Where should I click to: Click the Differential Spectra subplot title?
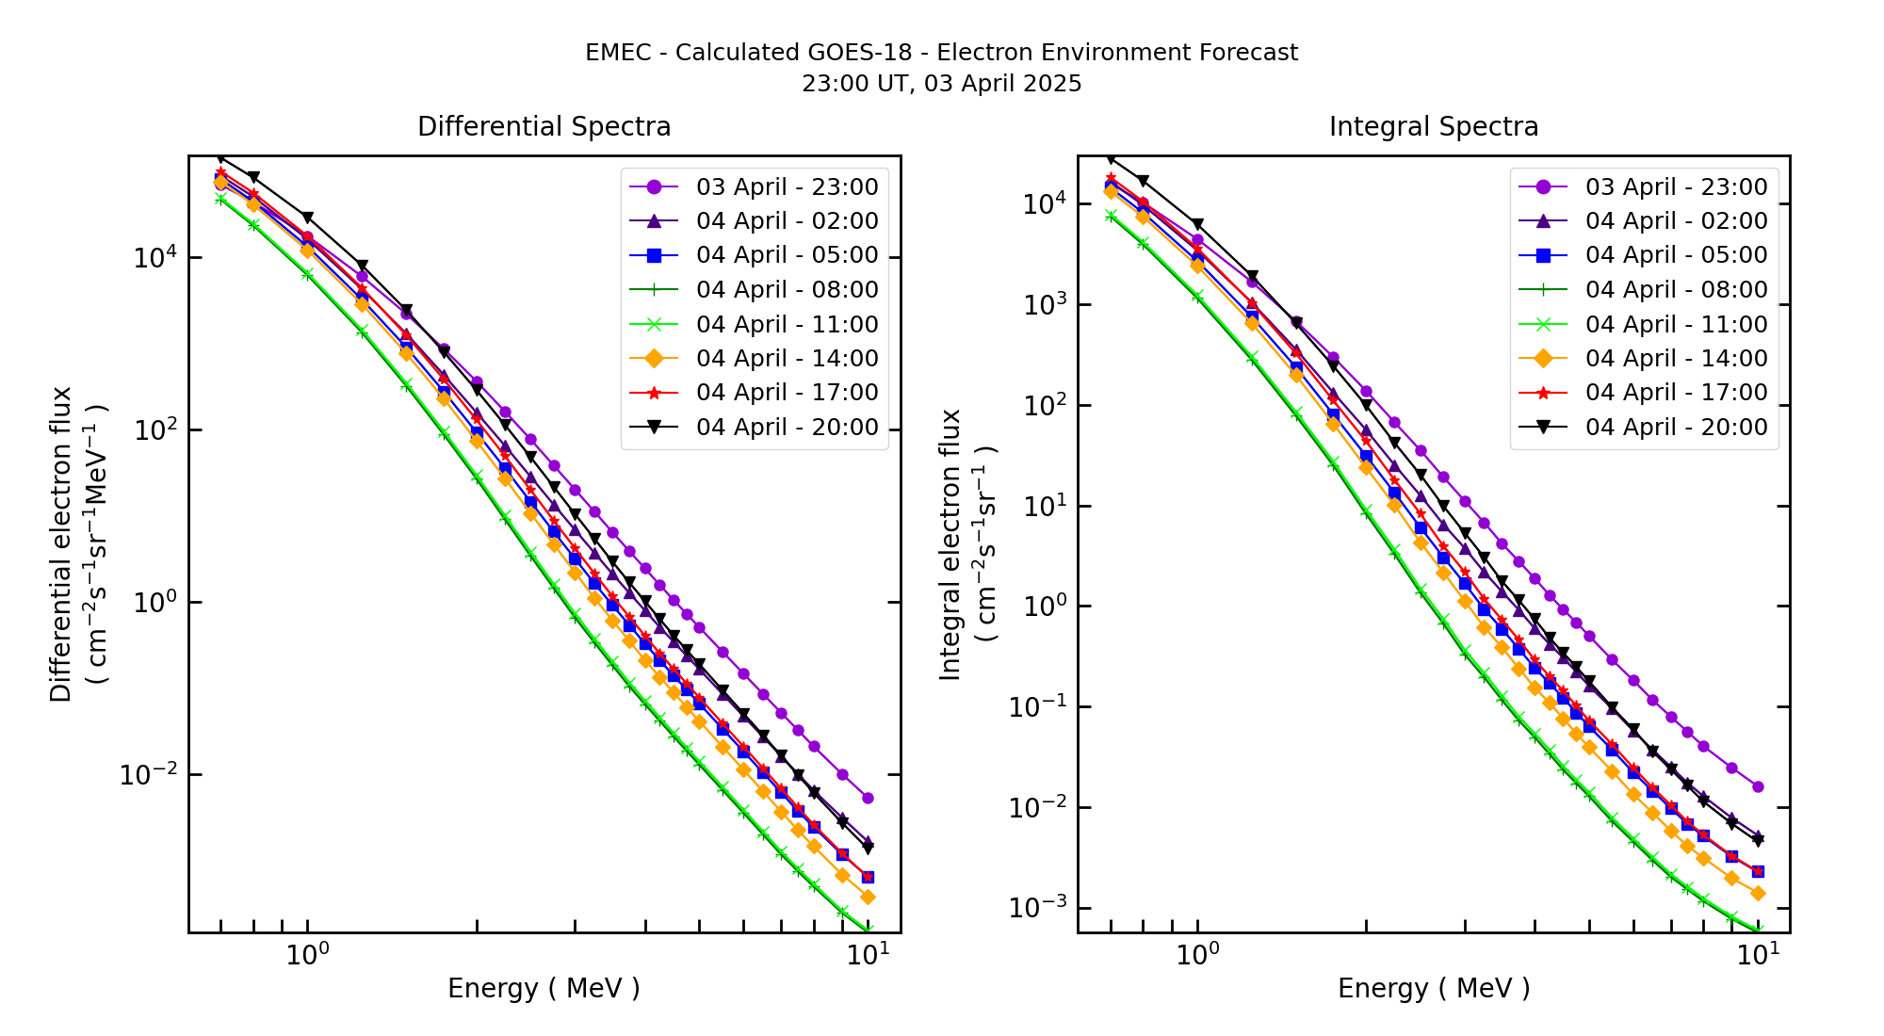[x=544, y=126]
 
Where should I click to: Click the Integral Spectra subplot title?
[x=1433, y=126]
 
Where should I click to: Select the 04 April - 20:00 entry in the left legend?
[x=787, y=428]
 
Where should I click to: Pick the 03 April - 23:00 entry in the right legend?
[x=1676, y=186]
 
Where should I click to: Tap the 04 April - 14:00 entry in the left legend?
[x=787, y=359]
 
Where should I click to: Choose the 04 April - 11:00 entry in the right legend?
[x=1676, y=325]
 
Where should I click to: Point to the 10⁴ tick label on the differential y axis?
[x=154, y=257]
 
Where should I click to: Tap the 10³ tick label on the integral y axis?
[x=1043, y=305]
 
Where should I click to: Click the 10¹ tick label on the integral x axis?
[x=1757, y=954]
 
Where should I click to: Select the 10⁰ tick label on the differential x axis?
[x=306, y=954]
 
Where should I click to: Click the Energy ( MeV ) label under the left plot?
[x=544, y=988]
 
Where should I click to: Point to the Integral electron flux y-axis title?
[x=950, y=544]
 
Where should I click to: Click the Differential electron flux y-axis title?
[x=61, y=544]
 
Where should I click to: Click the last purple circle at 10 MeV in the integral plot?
[x=1758, y=786]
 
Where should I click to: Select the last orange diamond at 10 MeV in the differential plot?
[x=868, y=897]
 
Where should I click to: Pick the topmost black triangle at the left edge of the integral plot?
[x=1111, y=158]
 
